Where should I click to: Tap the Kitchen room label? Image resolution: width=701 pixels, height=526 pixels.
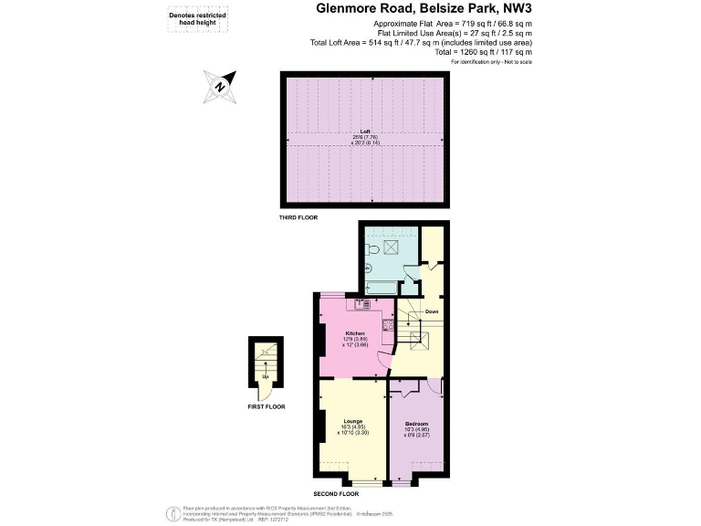pos(355,332)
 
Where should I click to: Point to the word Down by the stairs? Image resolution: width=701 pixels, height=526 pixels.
pos(431,311)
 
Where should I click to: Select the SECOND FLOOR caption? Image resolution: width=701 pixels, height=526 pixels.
pos(335,494)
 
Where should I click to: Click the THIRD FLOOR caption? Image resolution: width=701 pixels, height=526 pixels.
pos(300,219)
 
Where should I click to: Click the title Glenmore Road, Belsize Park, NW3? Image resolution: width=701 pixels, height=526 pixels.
pos(424,9)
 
